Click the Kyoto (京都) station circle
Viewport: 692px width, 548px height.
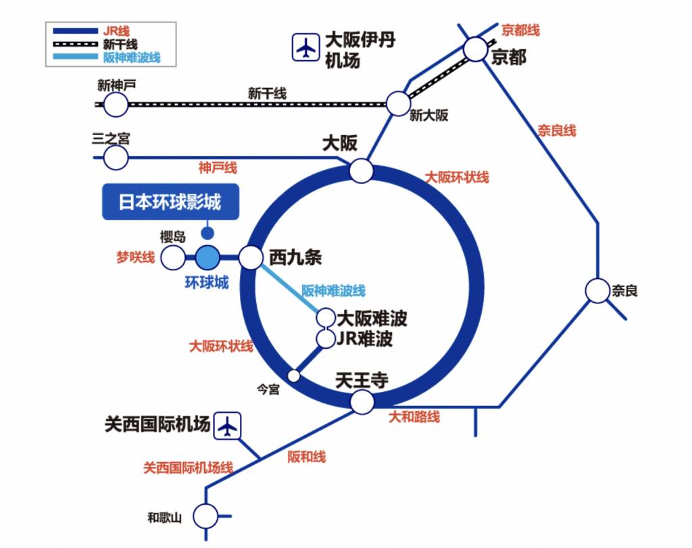(476, 49)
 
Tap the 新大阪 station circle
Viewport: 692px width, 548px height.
(399, 104)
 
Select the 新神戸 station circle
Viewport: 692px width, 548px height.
(116, 105)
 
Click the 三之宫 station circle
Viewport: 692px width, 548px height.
(116, 157)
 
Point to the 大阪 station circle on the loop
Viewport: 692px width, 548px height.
(361, 171)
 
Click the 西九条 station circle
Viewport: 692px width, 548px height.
(251, 257)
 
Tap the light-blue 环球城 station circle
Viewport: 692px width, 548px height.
(207, 257)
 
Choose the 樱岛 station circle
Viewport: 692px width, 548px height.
(173, 257)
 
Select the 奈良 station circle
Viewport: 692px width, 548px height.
(597, 291)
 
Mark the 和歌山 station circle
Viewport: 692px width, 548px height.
(205, 516)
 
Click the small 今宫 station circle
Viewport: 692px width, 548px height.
(294, 376)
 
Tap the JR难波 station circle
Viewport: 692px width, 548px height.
(326, 339)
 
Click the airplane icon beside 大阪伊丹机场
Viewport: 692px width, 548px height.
(305, 48)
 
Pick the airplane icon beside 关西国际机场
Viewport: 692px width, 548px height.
(228, 426)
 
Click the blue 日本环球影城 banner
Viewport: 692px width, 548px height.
(171, 202)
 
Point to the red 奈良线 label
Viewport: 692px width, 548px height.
(557, 130)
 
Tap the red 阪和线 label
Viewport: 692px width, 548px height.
(307, 457)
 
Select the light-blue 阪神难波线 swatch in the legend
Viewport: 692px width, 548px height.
(75, 57)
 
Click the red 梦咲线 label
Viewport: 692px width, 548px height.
(135, 257)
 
